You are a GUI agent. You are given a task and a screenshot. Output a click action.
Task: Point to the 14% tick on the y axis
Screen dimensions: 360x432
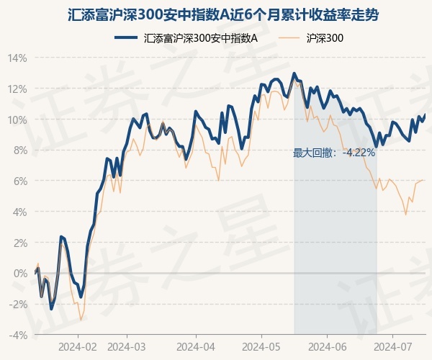tap(18, 58)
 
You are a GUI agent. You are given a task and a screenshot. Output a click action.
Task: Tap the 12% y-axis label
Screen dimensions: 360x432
tap(18, 89)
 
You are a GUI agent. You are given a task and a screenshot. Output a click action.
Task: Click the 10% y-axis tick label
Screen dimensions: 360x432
tap(18, 120)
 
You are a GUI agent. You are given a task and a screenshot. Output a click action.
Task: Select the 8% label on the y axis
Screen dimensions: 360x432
tap(20, 150)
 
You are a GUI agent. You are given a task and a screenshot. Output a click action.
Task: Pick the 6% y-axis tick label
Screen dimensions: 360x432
tap(20, 181)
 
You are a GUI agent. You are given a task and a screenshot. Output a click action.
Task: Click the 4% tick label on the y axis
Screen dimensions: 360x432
tap(20, 212)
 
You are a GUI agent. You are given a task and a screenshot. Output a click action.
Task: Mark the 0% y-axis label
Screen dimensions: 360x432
tap(20, 274)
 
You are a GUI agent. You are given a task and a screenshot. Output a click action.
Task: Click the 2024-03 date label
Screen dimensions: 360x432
tap(127, 346)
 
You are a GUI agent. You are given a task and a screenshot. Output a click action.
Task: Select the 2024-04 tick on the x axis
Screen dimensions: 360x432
tap(195, 346)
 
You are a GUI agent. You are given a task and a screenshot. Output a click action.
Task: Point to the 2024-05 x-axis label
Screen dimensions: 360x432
tap(261, 346)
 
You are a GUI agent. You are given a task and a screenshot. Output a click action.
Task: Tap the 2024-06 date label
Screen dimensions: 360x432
tap(327, 346)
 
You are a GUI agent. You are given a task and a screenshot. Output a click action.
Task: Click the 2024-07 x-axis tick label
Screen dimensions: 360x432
tap(393, 346)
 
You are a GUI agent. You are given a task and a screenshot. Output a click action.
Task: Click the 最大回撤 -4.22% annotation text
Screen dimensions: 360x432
tap(334, 153)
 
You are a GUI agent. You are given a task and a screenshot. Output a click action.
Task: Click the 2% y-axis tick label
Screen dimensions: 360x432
tap(20, 243)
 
